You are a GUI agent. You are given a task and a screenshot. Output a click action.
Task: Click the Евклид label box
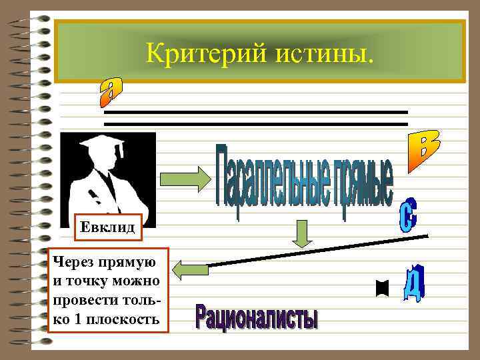(x=108, y=228)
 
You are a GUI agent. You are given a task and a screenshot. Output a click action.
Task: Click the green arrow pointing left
(x=190, y=269)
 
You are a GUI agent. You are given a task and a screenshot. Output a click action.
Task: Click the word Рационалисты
(x=256, y=317)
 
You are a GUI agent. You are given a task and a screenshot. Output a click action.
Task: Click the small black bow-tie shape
(x=382, y=289)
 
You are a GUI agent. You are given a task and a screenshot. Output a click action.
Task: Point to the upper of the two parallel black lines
(x=256, y=112)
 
